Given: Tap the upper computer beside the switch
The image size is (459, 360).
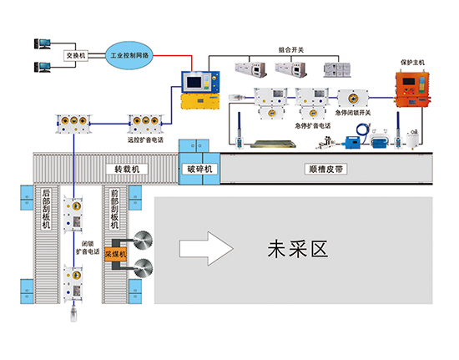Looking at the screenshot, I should tap(43, 43).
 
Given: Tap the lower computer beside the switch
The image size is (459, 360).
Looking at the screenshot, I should tap(43, 67).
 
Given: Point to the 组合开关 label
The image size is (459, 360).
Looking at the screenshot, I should tap(292, 50).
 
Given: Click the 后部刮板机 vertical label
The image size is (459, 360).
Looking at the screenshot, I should tap(47, 210).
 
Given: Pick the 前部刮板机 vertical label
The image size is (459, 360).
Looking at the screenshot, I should tap(115, 210).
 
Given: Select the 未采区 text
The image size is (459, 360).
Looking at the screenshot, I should tap(294, 248).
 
